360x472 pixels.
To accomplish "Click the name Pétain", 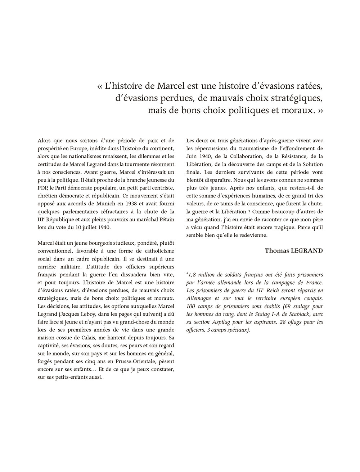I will point(163,220).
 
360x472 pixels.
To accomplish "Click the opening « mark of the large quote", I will point(100,87).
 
